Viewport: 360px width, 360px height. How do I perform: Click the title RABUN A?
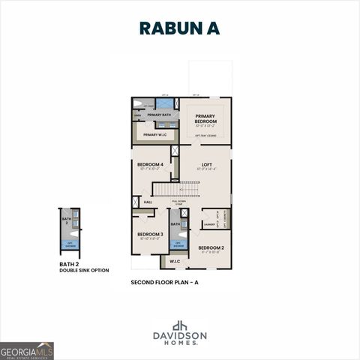180,28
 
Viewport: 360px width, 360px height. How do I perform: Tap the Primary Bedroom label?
206,118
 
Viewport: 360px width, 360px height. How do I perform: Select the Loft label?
206,164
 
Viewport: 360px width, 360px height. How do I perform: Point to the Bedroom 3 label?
150,235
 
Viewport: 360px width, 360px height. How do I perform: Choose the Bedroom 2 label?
211,247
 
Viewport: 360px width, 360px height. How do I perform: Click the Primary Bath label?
160,115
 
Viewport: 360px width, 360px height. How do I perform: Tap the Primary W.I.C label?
155,134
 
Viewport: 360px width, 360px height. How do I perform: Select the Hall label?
148,202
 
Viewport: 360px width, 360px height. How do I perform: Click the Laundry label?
211,223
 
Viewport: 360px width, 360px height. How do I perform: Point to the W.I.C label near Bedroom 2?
174,262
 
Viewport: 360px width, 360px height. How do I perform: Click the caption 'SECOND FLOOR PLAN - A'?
164,282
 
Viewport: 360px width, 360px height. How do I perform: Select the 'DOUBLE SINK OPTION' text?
84,270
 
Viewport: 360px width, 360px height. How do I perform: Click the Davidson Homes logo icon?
179,325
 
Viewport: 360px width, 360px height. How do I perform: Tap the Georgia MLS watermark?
27,350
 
